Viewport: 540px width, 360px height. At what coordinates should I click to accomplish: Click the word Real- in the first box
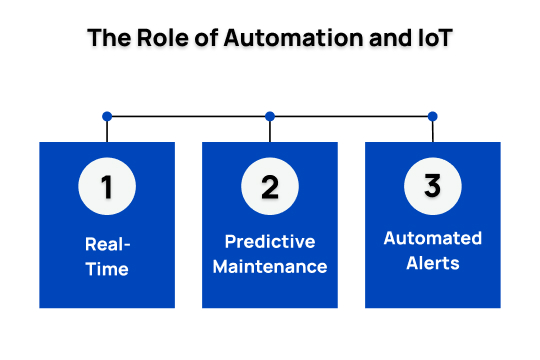107,243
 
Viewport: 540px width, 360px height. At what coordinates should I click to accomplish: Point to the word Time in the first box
107,269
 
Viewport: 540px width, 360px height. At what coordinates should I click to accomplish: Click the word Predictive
270,242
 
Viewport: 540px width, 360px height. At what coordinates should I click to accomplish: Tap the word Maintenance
270,267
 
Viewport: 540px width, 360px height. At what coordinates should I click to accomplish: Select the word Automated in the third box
432,239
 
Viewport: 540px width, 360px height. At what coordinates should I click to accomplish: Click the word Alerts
432,264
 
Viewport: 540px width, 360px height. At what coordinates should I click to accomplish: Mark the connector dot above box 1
107,116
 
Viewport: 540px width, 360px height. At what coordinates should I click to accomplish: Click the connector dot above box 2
270,116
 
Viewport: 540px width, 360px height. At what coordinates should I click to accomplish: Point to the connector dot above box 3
432,116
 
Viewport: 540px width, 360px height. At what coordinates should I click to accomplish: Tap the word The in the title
105,39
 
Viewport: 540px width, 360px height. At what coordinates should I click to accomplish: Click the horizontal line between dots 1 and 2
188,116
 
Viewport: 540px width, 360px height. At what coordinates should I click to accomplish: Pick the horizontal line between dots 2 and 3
351,116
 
